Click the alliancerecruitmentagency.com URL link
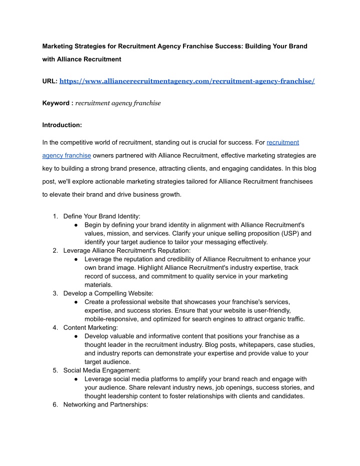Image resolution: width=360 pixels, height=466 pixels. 187,81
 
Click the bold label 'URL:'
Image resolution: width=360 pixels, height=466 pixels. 49,81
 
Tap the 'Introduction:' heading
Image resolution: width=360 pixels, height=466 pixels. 62,125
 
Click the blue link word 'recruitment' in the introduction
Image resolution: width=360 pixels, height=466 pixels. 283,143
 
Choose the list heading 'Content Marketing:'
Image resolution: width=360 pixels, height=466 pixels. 91,327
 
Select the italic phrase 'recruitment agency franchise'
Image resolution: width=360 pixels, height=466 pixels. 118,103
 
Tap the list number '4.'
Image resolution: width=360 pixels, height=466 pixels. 56,327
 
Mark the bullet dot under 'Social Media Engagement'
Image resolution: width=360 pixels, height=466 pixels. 74,379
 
